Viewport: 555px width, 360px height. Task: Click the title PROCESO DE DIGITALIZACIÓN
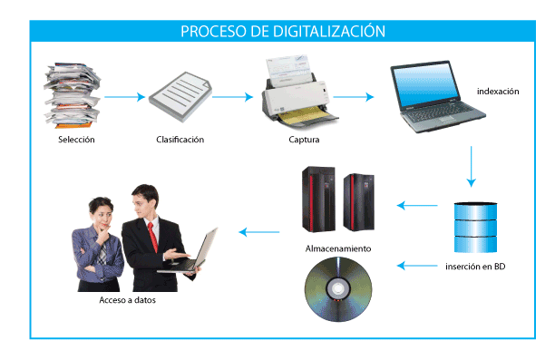[x=282, y=31]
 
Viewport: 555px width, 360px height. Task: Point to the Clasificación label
[x=180, y=140]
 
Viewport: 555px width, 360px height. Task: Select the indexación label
[x=497, y=91]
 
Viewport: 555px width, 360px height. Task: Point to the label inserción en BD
[x=475, y=267]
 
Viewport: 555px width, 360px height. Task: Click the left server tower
[x=316, y=202]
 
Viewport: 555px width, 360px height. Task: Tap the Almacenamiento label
[x=336, y=248]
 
